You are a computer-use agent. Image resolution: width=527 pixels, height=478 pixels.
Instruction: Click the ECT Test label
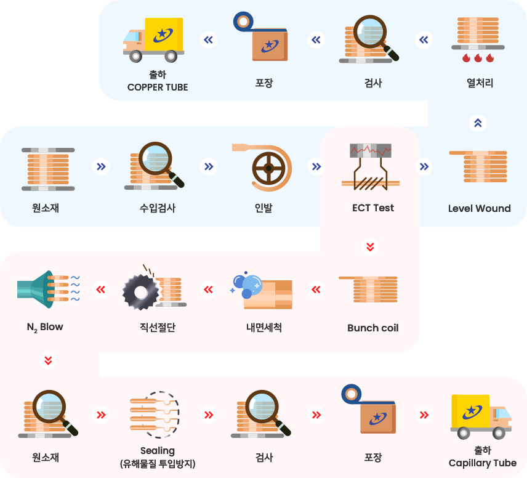click(x=372, y=208)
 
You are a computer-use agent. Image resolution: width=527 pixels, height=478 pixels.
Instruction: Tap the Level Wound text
click(x=479, y=209)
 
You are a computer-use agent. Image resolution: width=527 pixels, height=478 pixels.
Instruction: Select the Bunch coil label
click(x=372, y=328)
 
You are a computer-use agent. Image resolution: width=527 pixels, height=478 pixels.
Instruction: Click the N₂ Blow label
click(x=45, y=327)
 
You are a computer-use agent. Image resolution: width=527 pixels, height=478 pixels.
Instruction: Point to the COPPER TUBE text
click(x=158, y=87)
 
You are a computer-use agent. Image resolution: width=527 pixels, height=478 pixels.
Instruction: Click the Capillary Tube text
click(x=482, y=463)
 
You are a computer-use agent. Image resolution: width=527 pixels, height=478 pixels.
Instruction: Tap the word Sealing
click(x=158, y=451)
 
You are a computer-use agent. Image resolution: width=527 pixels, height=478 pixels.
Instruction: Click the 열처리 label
click(x=480, y=83)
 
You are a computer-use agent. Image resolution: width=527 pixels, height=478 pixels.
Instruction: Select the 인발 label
click(x=263, y=208)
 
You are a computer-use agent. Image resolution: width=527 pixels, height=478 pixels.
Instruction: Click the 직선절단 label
click(x=158, y=327)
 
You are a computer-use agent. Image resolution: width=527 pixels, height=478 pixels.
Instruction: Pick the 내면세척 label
click(x=264, y=327)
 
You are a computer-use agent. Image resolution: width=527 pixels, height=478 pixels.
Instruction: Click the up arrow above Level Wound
click(x=478, y=123)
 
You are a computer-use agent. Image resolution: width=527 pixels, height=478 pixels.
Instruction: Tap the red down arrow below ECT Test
click(x=370, y=247)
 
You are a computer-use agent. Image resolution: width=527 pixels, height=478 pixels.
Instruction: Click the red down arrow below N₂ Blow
click(x=49, y=360)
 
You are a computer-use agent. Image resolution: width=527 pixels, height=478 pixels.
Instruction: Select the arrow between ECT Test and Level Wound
click(x=424, y=166)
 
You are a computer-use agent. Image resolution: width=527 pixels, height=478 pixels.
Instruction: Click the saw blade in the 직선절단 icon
click(x=141, y=292)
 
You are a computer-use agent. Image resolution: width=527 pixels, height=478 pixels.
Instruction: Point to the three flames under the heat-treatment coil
click(x=478, y=58)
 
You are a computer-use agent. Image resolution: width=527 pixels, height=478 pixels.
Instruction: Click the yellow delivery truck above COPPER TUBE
click(x=153, y=39)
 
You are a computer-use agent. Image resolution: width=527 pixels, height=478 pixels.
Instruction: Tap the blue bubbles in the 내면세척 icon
click(x=247, y=285)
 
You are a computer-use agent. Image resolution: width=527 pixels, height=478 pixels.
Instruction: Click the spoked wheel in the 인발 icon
click(x=268, y=168)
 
